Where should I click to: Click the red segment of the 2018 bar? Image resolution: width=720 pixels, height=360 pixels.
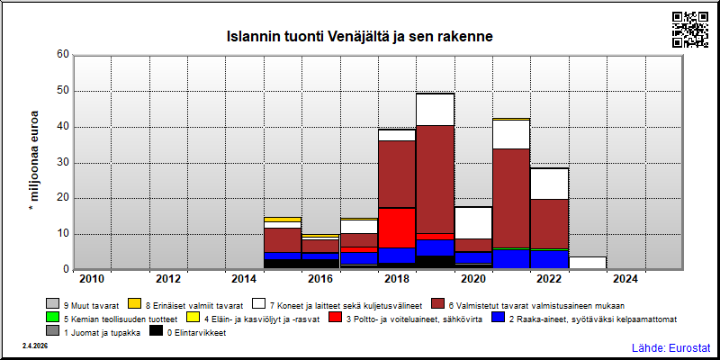(397, 228)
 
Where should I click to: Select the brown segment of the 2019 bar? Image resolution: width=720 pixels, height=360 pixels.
(435, 179)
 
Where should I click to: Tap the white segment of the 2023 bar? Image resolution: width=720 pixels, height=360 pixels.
(588, 263)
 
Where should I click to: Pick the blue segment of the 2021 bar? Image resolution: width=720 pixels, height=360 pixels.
(511, 259)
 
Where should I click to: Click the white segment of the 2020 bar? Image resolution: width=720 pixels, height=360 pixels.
(473, 222)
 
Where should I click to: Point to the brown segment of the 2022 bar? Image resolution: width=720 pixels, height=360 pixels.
(549, 224)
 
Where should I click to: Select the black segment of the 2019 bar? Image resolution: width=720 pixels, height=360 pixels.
(435, 262)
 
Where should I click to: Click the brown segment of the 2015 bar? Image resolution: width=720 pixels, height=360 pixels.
(283, 240)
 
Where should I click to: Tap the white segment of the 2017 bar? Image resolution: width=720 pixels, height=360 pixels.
(358, 227)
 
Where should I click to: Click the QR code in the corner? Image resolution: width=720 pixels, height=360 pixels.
(690, 30)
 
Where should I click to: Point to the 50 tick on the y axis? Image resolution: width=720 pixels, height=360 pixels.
(62, 91)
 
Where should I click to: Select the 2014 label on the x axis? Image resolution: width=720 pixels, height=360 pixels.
(244, 279)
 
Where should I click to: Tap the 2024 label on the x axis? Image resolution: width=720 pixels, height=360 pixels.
(625, 279)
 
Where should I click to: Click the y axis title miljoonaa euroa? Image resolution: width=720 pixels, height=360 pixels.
(34, 163)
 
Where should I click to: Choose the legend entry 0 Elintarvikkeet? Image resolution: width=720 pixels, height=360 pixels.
(188, 333)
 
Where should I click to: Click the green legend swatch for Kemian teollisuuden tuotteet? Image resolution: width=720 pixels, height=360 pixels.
(53, 317)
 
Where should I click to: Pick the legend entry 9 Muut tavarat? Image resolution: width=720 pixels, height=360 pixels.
(83, 305)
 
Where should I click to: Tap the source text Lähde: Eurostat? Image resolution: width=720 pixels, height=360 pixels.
(671, 347)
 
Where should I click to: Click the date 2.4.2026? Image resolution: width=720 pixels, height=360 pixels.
(35, 346)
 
